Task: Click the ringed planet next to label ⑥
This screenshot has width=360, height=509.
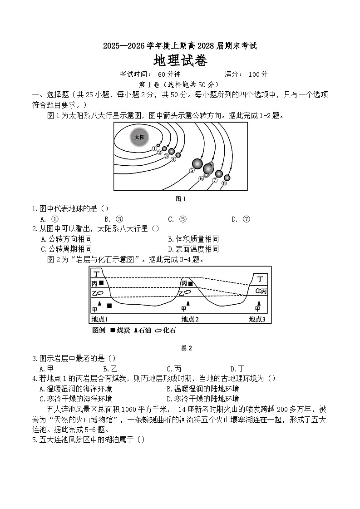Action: pos(208,169)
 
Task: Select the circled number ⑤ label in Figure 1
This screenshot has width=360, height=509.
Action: pos(192,171)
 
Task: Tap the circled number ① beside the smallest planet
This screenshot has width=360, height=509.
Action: pos(154,148)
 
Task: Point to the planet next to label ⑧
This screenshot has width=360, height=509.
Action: pos(227,178)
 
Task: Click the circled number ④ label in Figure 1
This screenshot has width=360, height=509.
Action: pos(173,159)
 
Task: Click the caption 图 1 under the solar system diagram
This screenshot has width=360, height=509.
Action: pos(181,198)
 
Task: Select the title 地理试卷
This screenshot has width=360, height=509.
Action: pos(180,60)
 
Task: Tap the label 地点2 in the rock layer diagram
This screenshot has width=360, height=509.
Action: pos(190,319)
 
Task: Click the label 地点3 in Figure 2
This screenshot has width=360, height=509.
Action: pos(257,319)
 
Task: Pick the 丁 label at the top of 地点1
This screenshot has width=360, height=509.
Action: pos(97,273)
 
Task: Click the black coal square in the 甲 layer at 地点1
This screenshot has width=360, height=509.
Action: pos(109,306)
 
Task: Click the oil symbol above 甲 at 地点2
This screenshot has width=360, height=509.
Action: pos(188,303)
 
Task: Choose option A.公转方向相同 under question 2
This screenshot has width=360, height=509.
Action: pos(66,239)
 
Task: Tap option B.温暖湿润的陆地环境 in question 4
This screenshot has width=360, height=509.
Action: pos(203,389)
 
